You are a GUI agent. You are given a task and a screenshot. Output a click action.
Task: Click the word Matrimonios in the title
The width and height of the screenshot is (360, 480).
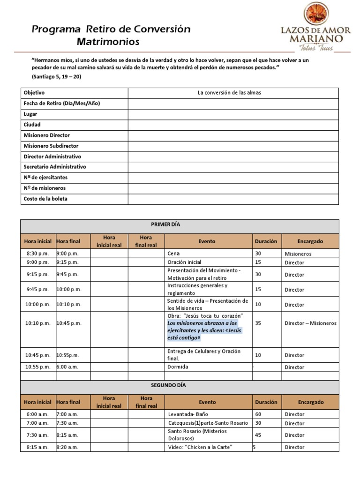pos(108,42)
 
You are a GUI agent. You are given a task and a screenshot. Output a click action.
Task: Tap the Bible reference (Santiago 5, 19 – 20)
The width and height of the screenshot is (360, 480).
pos(56,76)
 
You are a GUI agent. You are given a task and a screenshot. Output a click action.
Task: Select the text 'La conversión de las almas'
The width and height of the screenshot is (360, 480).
pos(229,92)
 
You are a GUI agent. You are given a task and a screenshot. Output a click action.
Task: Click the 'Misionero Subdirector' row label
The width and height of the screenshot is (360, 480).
pos(51,146)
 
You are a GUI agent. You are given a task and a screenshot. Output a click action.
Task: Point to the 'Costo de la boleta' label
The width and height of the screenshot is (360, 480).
pos(45,199)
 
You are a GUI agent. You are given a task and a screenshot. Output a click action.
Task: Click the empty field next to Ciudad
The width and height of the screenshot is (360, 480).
pos(233,125)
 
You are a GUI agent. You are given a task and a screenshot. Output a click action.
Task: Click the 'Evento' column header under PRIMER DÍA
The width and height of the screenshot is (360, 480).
pos(207,241)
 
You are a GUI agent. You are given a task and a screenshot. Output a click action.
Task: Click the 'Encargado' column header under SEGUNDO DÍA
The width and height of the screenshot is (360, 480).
pos(310,402)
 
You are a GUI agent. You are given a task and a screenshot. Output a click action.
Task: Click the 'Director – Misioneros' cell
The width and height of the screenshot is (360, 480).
pos(310,323)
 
